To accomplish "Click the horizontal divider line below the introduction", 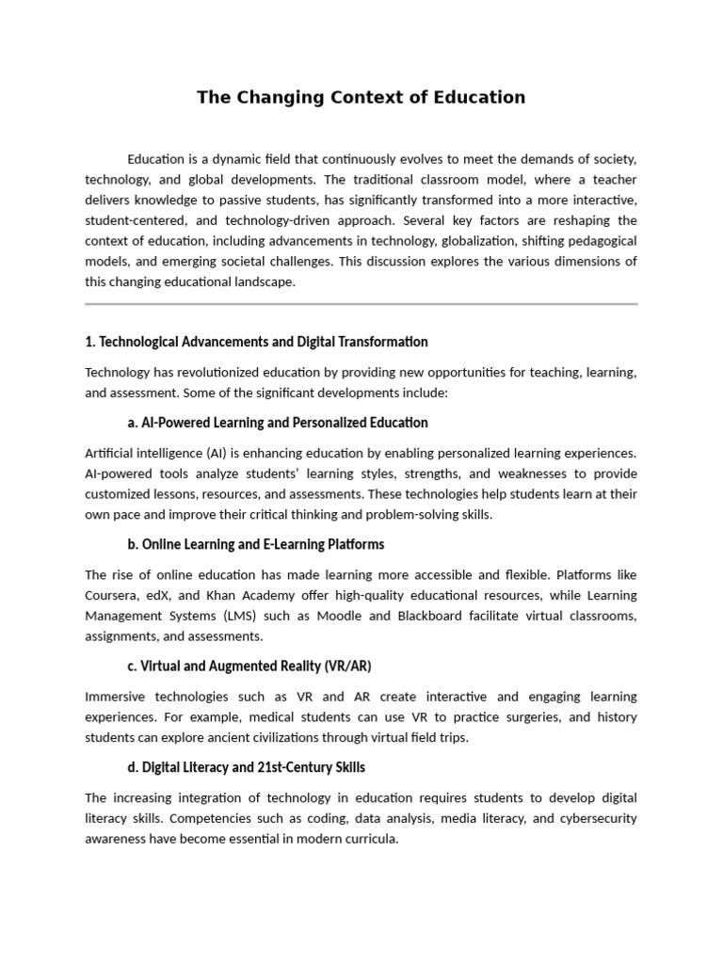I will [x=361, y=304].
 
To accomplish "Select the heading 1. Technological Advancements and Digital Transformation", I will [x=256, y=342].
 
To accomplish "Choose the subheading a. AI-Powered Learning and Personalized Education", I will [x=278, y=423].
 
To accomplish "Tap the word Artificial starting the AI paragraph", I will [x=112, y=454].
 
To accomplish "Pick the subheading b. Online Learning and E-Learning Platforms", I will [x=255, y=544].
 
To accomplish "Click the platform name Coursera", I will [x=112, y=595].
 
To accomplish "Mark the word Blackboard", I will [x=443, y=616].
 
